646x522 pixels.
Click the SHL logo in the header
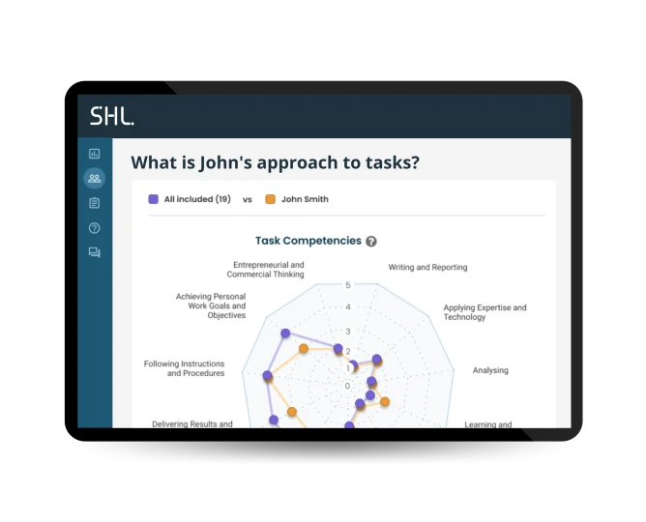[112, 117]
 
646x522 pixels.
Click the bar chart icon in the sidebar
[94, 153]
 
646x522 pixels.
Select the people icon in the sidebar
[94, 178]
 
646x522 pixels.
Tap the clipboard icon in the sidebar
[94, 203]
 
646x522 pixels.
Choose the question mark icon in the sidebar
[94, 228]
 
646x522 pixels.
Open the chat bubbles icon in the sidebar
[94, 253]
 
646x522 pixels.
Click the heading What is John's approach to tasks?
[276, 162]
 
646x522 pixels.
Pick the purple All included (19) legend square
[153, 199]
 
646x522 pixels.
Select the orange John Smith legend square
[270, 199]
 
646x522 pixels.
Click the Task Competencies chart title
[308, 241]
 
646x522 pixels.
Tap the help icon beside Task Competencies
[371, 242]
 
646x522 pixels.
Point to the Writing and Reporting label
[427, 267]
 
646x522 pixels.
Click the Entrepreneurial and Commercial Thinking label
[269, 269]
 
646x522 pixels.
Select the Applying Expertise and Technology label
[484, 312]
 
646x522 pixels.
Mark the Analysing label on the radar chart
[490, 370]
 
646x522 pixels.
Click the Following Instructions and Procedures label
[184, 368]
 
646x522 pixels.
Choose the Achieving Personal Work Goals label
[211, 306]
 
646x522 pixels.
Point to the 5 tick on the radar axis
[348, 285]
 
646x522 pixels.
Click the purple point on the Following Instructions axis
[268, 375]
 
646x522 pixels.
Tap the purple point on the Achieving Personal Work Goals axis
[285, 333]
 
